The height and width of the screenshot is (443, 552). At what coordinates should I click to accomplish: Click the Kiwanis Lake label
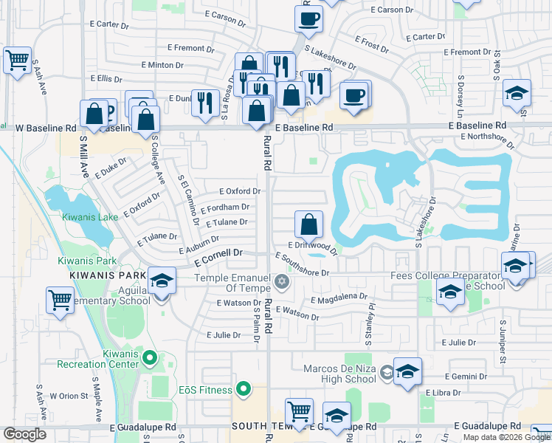pyautogui.click(x=89, y=217)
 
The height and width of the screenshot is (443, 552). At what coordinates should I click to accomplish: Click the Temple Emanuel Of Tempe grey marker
pyautogui.click(x=280, y=282)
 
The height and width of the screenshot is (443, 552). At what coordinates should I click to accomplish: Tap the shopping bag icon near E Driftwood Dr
pyautogui.click(x=308, y=224)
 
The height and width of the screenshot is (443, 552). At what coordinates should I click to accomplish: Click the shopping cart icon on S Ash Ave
pyautogui.click(x=17, y=61)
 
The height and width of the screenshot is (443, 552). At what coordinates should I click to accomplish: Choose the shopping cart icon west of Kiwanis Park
pyautogui.click(x=60, y=301)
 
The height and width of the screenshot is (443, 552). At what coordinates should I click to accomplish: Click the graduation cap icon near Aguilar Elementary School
pyautogui.click(x=162, y=281)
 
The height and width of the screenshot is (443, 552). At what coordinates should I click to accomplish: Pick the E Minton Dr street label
pyautogui.click(x=170, y=65)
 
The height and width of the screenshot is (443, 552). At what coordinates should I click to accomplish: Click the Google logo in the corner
pyautogui.click(x=25, y=434)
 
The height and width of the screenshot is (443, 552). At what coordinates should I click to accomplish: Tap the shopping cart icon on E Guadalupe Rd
pyautogui.click(x=299, y=412)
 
